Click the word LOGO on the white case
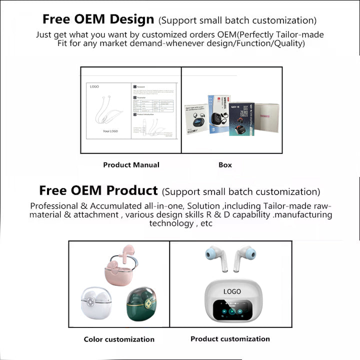click(x=232, y=291)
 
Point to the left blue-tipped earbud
click(x=213, y=256)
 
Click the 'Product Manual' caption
click(x=131, y=164)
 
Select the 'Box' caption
click(x=225, y=164)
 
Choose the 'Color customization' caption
click(x=119, y=339)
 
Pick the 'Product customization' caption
click(x=230, y=339)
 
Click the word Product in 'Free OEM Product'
click(x=133, y=190)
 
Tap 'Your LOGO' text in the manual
click(x=110, y=131)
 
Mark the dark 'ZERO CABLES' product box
click(x=241, y=118)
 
